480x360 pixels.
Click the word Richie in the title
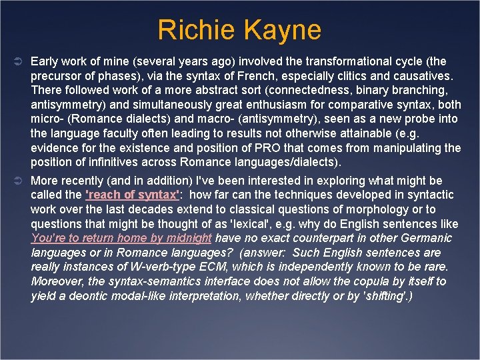197,30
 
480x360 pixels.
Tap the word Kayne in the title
282,30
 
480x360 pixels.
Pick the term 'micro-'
46,119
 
